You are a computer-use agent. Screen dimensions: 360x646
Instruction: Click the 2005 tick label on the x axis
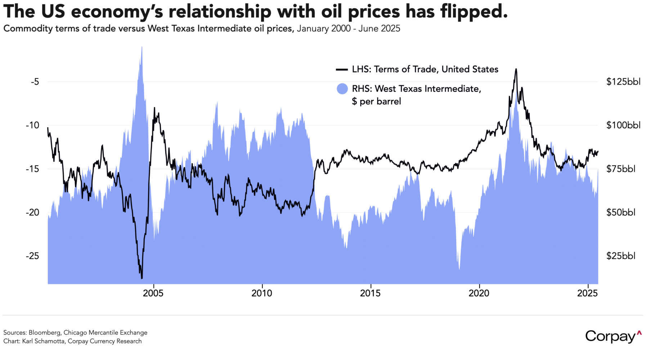[x=153, y=293]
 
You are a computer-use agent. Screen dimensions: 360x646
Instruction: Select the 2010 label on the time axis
[x=262, y=293]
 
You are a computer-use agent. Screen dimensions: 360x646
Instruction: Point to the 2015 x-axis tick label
[x=370, y=293]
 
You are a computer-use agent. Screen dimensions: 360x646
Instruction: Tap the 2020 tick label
[x=479, y=293]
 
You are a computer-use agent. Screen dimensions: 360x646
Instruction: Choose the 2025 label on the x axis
[x=587, y=293]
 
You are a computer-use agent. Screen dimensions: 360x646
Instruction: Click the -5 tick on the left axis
[x=35, y=82]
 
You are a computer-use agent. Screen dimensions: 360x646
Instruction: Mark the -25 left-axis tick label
[x=32, y=256]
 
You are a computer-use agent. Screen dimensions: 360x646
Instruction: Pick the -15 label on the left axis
[x=32, y=169]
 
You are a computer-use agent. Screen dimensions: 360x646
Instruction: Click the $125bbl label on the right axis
[x=623, y=82]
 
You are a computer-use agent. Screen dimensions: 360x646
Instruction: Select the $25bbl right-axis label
[x=621, y=256]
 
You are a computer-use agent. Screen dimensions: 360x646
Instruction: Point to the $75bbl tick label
[x=621, y=169]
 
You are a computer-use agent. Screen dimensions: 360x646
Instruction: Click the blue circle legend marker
[x=342, y=89]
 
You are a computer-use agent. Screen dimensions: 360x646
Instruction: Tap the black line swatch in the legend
[x=342, y=69]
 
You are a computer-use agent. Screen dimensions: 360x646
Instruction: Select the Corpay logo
[x=613, y=336]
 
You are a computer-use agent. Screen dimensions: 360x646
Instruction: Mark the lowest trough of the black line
[x=142, y=278]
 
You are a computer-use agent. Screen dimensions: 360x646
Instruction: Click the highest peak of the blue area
[x=142, y=47]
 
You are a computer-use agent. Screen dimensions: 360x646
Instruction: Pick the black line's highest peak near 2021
[x=516, y=69]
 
